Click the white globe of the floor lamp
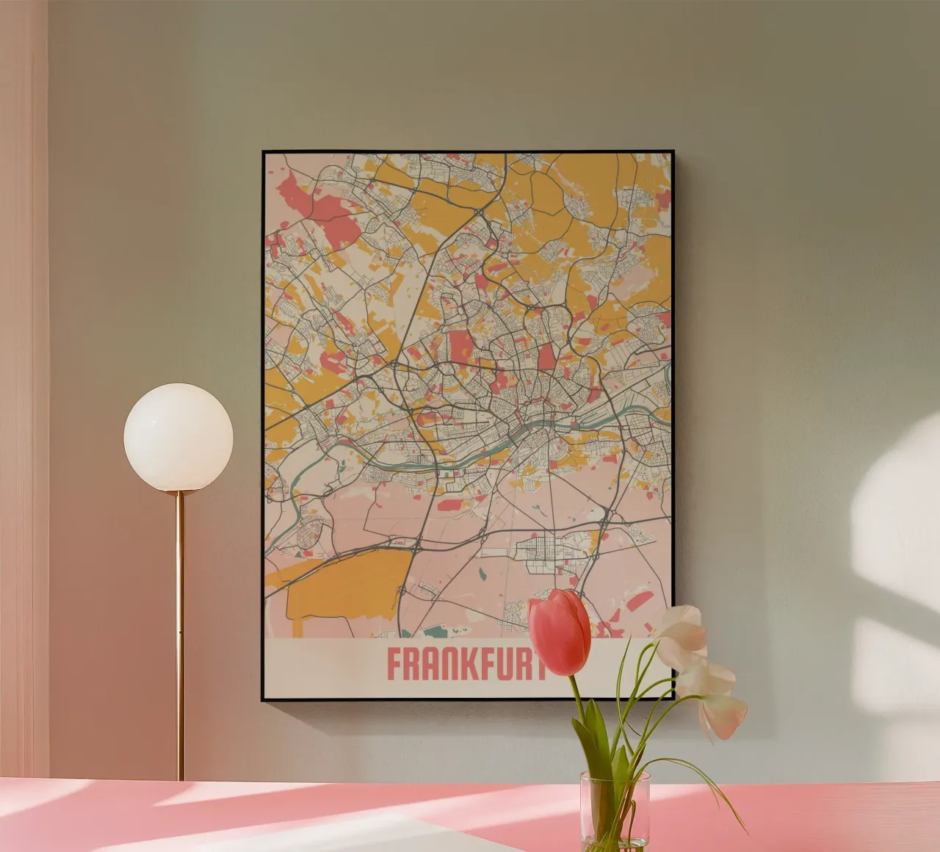click(x=178, y=437)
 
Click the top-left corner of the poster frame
click(x=264, y=153)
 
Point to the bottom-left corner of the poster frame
click(x=264, y=700)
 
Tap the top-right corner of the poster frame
click(x=672, y=153)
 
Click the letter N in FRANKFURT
click(x=447, y=665)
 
